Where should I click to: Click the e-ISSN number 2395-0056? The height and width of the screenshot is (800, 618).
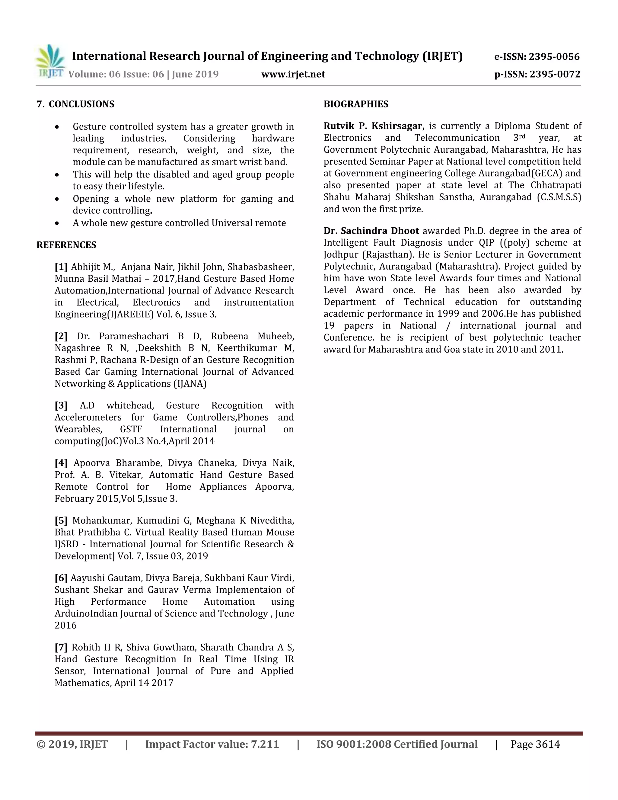[x=554, y=57]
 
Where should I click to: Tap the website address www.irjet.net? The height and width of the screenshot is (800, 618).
[x=293, y=74]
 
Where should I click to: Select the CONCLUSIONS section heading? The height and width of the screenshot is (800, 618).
[x=81, y=104]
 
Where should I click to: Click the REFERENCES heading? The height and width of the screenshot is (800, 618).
[x=66, y=245]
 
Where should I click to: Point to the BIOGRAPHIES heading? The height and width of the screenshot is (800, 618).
[x=355, y=104]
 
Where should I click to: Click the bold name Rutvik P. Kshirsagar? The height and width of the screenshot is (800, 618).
[x=374, y=126]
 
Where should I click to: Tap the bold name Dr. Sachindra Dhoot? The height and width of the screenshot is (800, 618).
[x=371, y=231]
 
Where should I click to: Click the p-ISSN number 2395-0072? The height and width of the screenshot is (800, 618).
[x=555, y=74]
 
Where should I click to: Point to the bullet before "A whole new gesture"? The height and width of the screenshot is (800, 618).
[x=57, y=223]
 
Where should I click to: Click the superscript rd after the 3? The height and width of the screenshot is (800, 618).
[x=522, y=136]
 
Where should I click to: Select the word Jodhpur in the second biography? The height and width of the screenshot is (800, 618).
[x=339, y=254]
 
